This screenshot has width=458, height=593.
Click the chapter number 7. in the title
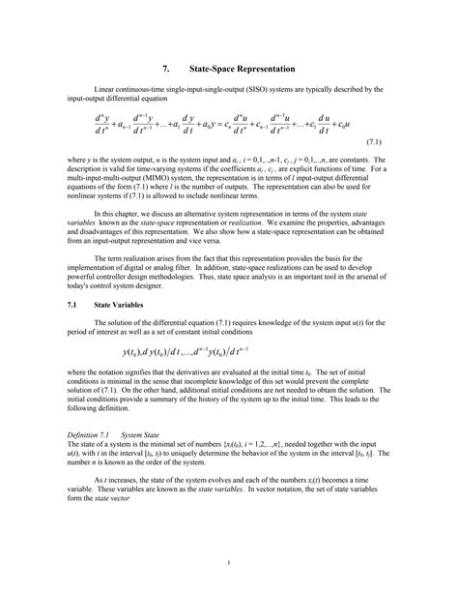(165, 70)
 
